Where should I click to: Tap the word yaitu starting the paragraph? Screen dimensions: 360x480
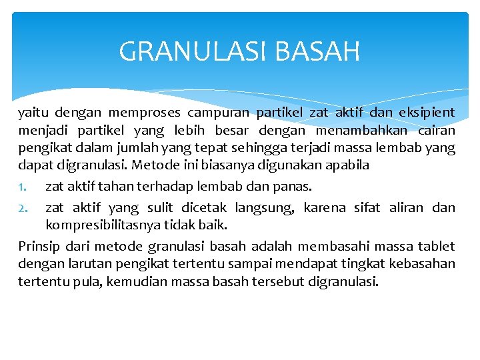tap(33, 113)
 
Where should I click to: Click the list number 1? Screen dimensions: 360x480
tap(22, 186)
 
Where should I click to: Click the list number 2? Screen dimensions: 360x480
tap(22, 208)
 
